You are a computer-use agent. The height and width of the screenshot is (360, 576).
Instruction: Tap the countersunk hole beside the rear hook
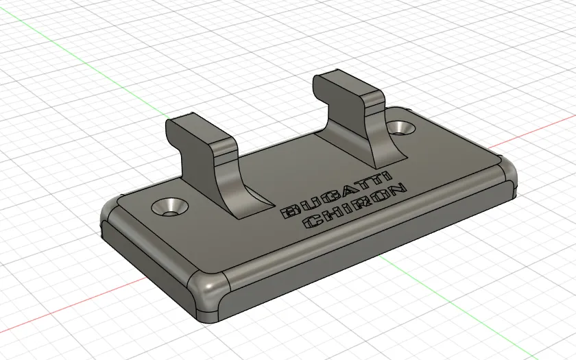(400, 128)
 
